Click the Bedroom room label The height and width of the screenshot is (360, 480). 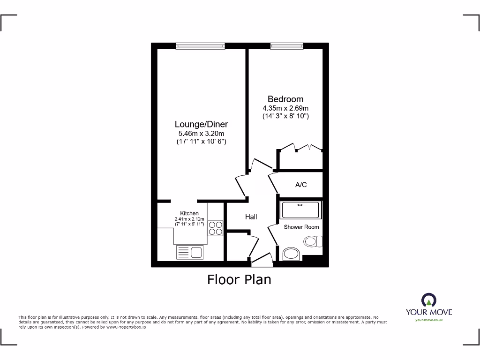[x=285, y=99]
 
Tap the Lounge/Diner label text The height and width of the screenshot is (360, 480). [x=201, y=124]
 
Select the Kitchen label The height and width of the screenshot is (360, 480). [x=189, y=213]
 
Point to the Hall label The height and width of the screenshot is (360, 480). [x=251, y=217]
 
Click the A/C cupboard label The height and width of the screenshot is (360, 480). [x=301, y=185]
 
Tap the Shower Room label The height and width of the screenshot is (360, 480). [x=301, y=227]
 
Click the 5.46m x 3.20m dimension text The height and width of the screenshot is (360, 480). [x=201, y=133]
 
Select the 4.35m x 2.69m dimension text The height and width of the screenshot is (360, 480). [x=285, y=108]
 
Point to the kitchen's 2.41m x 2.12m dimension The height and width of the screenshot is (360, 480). [x=189, y=219]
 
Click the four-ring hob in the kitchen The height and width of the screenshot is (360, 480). [x=216, y=228]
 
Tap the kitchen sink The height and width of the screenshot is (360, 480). [x=190, y=253]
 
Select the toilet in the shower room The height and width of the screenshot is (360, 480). [x=312, y=241]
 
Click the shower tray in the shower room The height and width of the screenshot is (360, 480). [x=300, y=210]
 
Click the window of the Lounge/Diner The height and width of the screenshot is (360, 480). [x=201, y=45]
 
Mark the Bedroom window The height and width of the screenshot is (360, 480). [x=286, y=45]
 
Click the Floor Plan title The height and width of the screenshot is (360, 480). [x=239, y=279]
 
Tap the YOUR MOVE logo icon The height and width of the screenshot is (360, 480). [x=428, y=300]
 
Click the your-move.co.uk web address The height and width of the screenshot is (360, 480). [x=428, y=320]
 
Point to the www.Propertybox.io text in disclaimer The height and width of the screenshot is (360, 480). [x=126, y=327]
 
